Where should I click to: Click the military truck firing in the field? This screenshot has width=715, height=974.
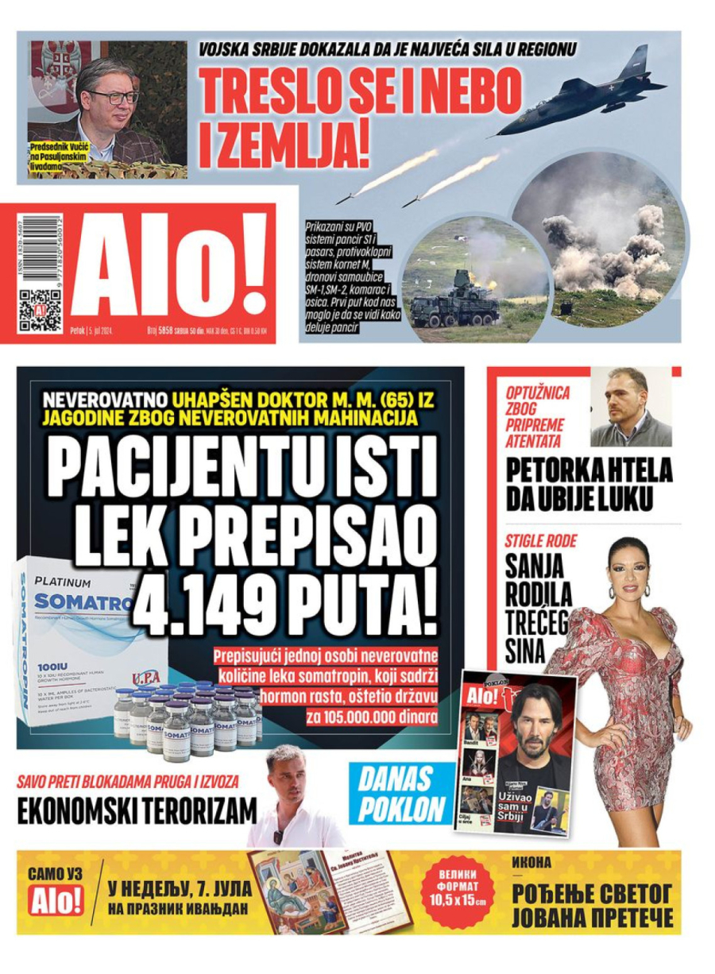(x=454, y=296)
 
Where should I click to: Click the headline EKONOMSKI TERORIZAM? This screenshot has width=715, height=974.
(x=137, y=811)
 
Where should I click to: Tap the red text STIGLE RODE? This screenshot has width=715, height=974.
(x=541, y=542)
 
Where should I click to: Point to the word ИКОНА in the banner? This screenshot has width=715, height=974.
(x=531, y=862)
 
